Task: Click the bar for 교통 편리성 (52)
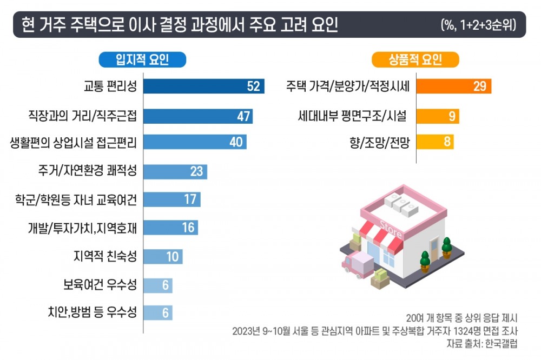203,86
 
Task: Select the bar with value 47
198,116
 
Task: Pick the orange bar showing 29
454,86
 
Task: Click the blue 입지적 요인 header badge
142,59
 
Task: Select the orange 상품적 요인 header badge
415,59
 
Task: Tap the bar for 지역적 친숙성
163,256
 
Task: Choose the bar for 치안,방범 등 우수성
158,312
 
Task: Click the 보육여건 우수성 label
100,284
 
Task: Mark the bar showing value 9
438,116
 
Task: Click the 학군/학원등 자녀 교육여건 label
76,199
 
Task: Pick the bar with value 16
171,227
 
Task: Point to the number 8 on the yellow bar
447,142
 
